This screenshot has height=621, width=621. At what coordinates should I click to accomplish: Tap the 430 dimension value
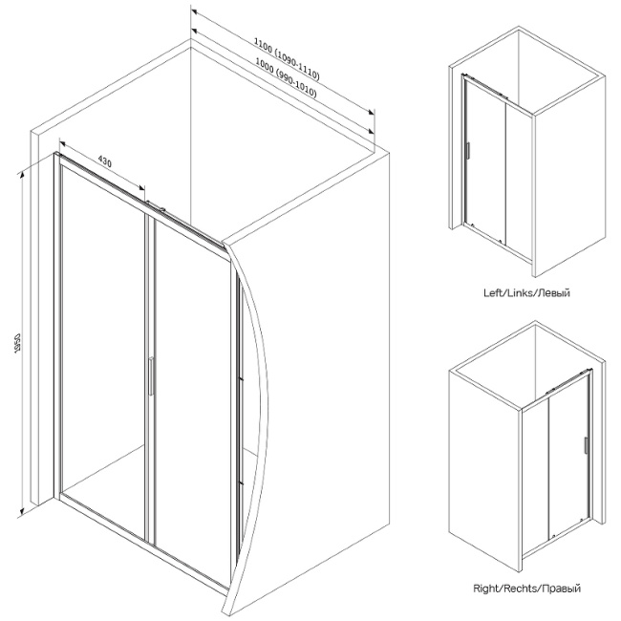coord(103,164)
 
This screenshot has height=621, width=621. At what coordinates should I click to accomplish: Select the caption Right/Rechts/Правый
coord(526,589)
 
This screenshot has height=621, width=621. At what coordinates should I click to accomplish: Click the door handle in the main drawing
coord(149,375)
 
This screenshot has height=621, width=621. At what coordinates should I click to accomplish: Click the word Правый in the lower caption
coord(562,589)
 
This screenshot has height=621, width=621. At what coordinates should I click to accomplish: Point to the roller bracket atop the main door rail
coord(157,204)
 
